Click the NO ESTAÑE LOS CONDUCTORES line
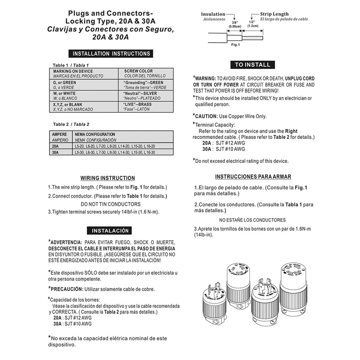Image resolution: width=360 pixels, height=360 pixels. pyautogui.click(x=252, y=220)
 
